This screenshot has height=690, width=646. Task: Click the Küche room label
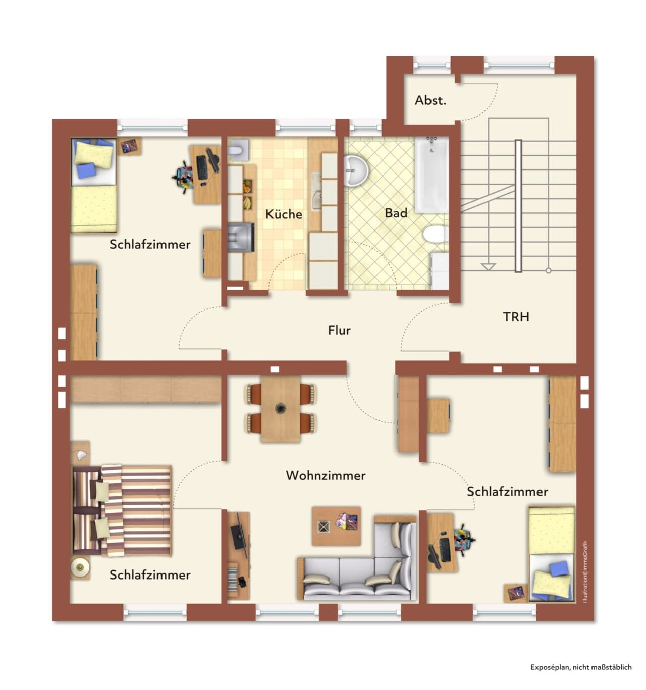pyautogui.click(x=284, y=214)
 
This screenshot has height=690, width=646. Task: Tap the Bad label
pyautogui.click(x=396, y=213)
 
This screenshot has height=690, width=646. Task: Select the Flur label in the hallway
pyautogui.click(x=339, y=330)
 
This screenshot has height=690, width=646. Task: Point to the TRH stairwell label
pyautogui.click(x=516, y=317)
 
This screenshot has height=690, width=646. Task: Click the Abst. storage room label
pyautogui.click(x=430, y=100)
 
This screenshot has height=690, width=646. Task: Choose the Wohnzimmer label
pyautogui.click(x=326, y=475)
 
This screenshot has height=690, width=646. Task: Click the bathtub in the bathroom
pyautogui.click(x=432, y=175)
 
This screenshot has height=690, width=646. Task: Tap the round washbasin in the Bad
pyautogui.click(x=356, y=170)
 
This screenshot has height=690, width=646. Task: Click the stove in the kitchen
pyautogui.click(x=241, y=237)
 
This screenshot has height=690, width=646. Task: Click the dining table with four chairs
pyautogui.click(x=281, y=409)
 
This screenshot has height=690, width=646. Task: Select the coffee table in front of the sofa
pyautogui.click(x=336, y=526)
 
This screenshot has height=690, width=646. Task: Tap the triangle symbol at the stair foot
pyautogui.click(x=488, y=267)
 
